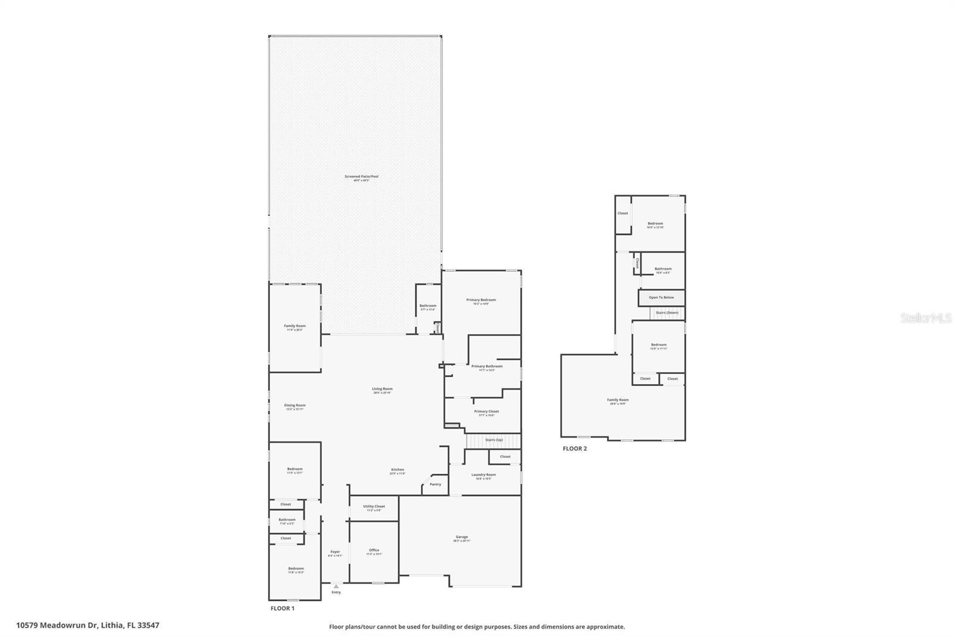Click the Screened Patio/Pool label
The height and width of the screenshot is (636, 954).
(361, 177)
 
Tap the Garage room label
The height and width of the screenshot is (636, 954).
(461, 537)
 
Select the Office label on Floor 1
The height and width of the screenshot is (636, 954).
(374, 550)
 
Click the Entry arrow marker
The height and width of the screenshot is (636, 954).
(336, 586)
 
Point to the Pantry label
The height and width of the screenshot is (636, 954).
(435, 484)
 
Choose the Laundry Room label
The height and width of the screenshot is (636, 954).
(484, 475)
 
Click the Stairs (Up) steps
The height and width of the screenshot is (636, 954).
(477, 441)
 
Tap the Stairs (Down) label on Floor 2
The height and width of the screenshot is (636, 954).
(667, 313)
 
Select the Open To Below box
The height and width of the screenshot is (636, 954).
(661, 297)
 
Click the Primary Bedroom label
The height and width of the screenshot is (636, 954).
(481, 300)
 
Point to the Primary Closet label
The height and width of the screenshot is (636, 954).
(486, 412)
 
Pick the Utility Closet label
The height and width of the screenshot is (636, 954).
(374, 507)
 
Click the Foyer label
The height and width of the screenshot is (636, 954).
(335, 552)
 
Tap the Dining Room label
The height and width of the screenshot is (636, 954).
(295, 406)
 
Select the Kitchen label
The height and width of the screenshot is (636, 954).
(398, 470)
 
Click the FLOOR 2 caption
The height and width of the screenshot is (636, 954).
(575, 449)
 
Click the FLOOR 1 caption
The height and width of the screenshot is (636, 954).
(283, 609)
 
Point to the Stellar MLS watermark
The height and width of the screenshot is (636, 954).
(925, 319)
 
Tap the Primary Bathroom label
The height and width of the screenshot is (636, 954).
(487, 366)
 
